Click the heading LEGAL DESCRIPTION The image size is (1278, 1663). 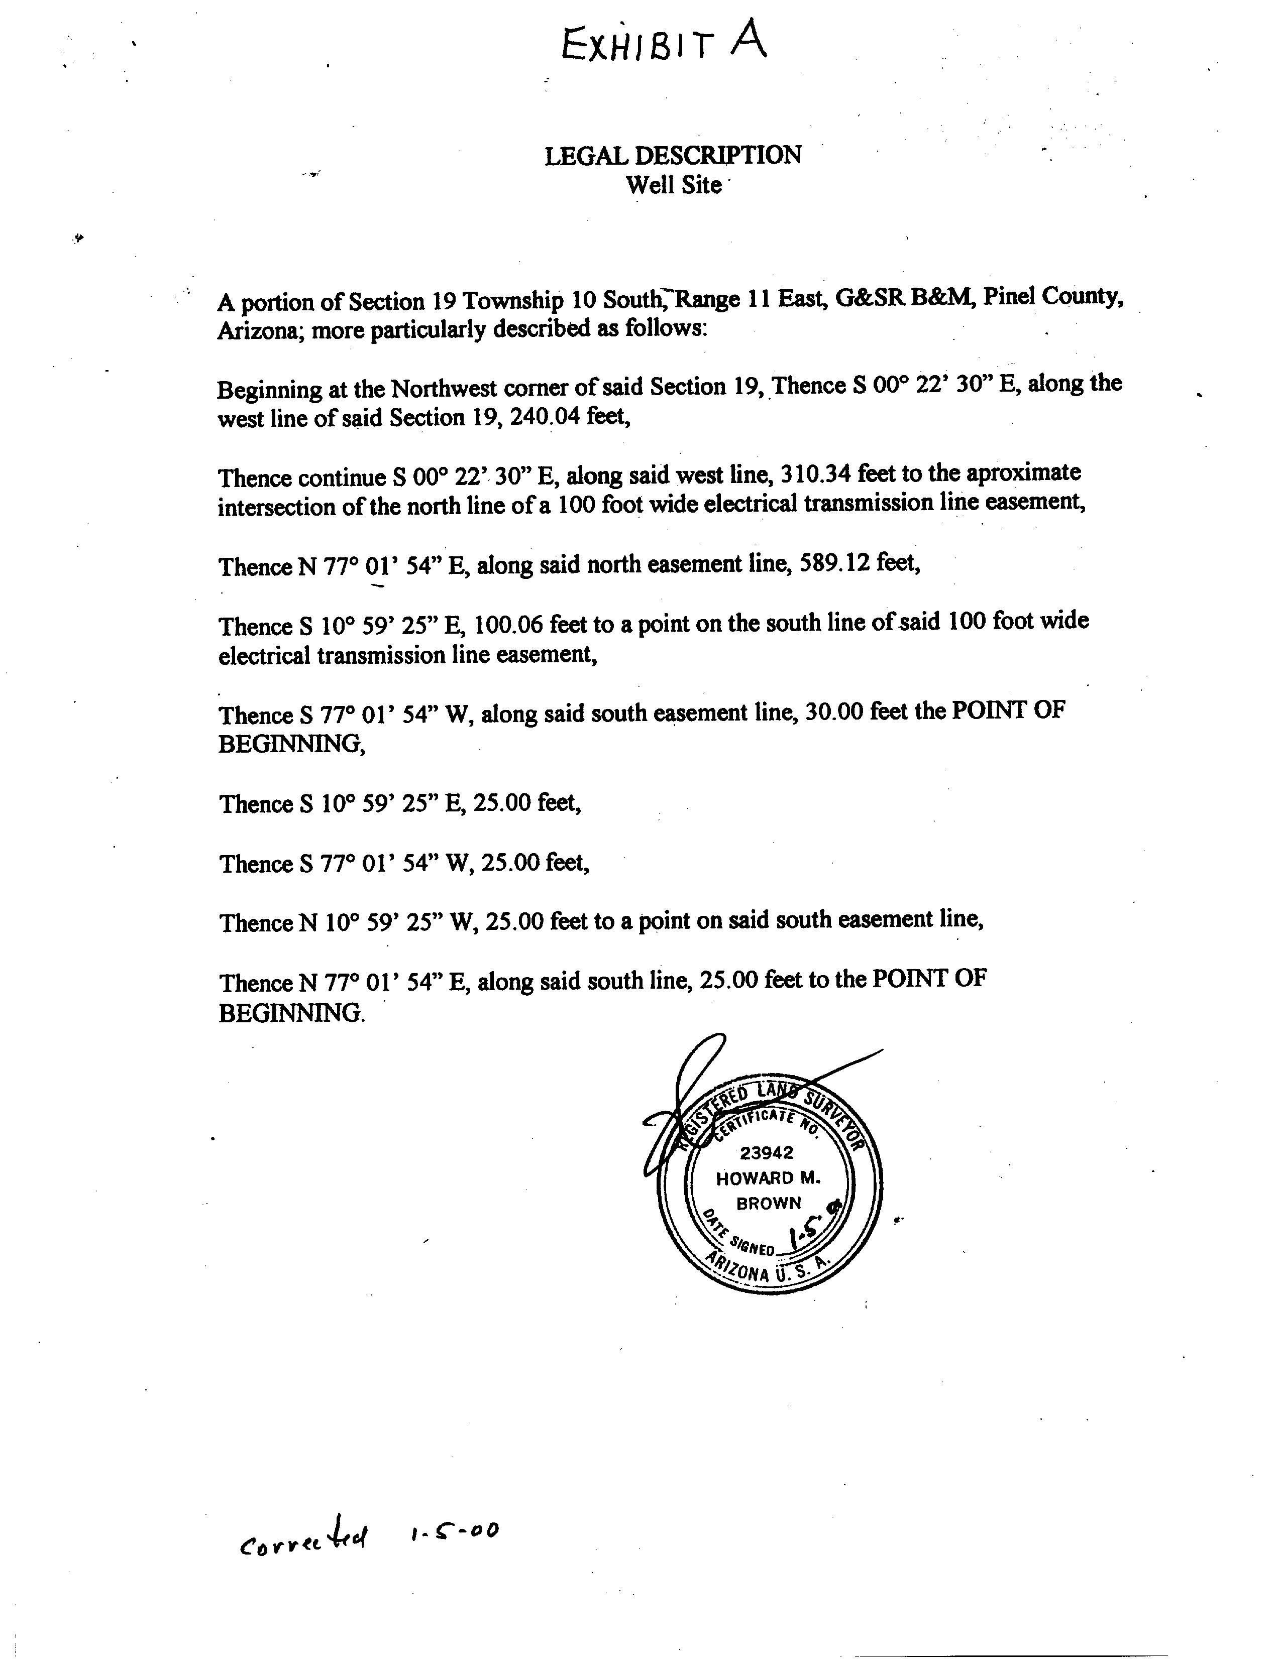tap(673, 156)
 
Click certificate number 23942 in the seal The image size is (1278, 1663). tap(766, 1152)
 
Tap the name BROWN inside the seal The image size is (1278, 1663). tap(768, 1203)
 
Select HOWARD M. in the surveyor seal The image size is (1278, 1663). tap(768, 1178)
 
